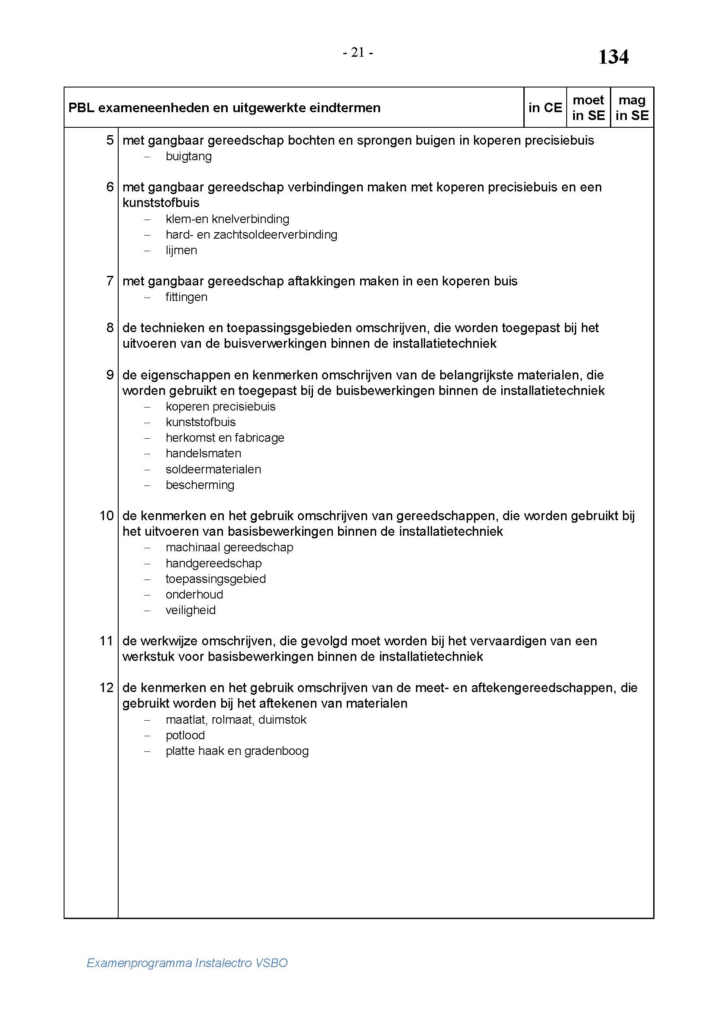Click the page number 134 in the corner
(x=613, y=57)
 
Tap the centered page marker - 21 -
(x=358, y=53)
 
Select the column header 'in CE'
(x=545, y=108)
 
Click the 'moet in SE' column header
(x=588, y=108)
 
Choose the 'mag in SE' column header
(x=632, y=108)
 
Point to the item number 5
(x=110, y=140)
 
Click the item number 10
(x=106, y=515)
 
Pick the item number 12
(x=106, y=687)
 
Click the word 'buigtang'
(x=189, y=156)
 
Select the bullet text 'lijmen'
(x=181, y=250)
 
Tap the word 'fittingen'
(x=187, y=297)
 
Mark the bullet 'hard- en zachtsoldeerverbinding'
(x=252, y=234)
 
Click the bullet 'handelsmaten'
(x=203, y=453)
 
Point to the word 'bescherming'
(x=200, y=485)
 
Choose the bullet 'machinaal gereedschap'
(x=229, y=547)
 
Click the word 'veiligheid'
(x=190, y=610)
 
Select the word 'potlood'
(x=185, y=735)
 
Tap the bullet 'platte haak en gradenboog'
(x=237, y=751)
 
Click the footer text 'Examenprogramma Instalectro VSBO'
(x=187, y=963)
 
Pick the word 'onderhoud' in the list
(x=194, y=594)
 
